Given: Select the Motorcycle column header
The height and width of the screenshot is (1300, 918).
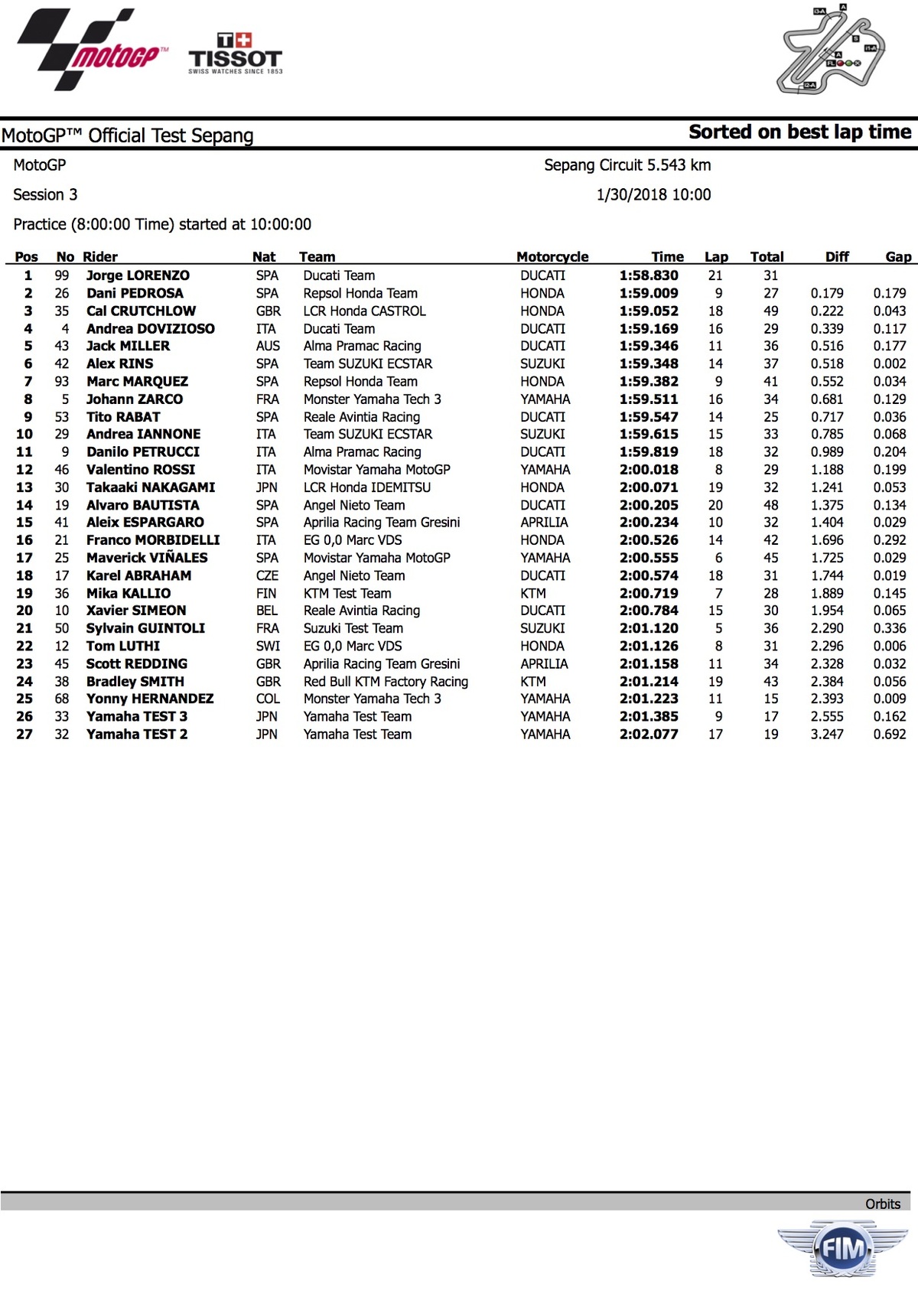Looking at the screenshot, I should click(552, 257).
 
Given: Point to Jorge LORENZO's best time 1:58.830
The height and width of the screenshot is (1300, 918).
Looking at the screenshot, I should click(649, 275).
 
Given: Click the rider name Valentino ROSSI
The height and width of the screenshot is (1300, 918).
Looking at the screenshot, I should click(141, 470).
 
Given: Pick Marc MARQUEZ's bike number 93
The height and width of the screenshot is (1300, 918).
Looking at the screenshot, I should click(62, 381).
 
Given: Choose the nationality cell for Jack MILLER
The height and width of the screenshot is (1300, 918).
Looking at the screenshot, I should click(268, 346).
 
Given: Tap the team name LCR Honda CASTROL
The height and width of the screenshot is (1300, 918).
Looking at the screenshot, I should click(364, 311).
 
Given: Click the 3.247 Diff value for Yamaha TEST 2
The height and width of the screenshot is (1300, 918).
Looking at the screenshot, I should click(827, 735).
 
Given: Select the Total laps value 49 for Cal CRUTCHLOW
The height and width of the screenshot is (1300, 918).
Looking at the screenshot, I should click(770, 311).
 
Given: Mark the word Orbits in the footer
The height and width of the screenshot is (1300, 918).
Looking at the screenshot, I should click(883, 1204).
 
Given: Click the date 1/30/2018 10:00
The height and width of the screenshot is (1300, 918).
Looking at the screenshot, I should click(653, 195).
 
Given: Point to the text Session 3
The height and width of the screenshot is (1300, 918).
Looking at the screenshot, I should click(45, 195).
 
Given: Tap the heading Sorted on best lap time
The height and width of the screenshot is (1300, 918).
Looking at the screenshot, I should click(799, 132).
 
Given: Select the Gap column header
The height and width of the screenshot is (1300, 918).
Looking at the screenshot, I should click(898, 257).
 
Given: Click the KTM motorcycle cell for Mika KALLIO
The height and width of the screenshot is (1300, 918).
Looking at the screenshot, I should click(533, 593).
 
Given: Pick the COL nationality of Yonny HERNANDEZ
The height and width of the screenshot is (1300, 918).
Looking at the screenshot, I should click(268, 699).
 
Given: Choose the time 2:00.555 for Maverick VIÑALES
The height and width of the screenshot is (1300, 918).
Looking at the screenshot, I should click(649, 558).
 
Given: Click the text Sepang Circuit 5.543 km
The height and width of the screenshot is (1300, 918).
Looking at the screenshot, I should click(627, 165).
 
